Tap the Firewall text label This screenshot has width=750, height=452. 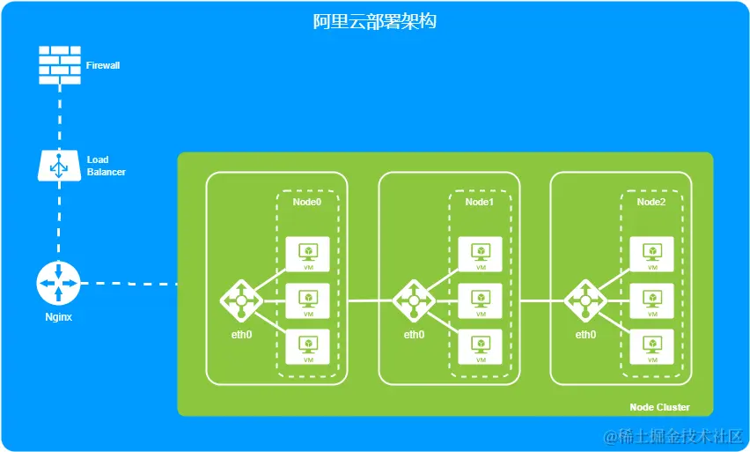103,65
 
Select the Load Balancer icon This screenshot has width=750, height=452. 59,165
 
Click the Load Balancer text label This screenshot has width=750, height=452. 106,166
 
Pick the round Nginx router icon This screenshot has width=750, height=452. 59,284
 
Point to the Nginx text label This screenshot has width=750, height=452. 58,316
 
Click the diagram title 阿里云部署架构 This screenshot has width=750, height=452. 375,21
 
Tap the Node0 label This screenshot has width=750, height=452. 307,202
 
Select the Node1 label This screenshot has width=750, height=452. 480,202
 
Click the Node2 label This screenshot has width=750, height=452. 651,202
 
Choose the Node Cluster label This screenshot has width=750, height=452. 659,407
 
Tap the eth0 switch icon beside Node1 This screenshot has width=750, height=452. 414,301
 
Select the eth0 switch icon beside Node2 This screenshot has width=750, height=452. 585,301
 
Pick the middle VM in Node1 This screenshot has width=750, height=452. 481,300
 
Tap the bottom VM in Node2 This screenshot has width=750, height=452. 652,346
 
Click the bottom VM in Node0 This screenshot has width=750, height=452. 308,346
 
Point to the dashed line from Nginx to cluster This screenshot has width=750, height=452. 132,284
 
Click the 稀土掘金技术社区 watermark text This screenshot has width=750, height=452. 673,436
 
